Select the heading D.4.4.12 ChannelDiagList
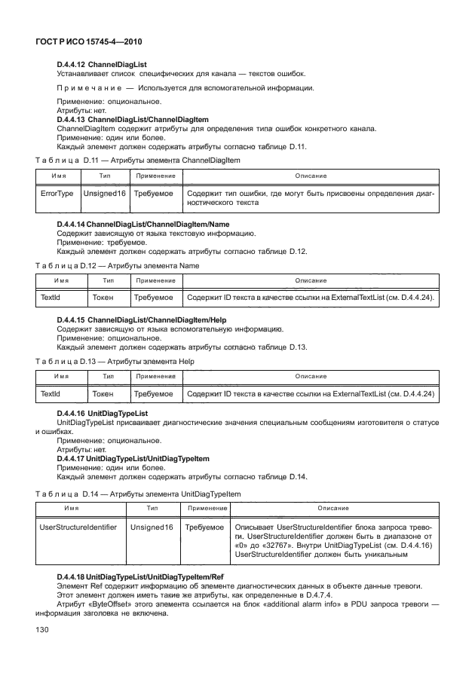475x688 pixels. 101,66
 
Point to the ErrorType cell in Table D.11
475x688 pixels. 57,194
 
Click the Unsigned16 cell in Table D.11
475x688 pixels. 105,194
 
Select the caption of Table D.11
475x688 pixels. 138,161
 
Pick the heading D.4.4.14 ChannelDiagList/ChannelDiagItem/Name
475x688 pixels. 143,225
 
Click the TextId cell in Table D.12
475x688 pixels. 50,298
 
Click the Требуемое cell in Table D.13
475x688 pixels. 153,393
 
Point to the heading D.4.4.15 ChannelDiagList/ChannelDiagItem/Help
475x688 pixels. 142,320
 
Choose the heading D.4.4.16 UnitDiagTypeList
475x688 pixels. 102,414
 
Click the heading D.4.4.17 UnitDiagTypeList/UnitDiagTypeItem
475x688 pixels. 133,459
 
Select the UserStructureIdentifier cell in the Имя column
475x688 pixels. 78,527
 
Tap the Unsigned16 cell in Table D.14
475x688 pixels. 152,527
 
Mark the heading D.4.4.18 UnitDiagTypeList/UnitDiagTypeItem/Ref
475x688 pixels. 140,576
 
